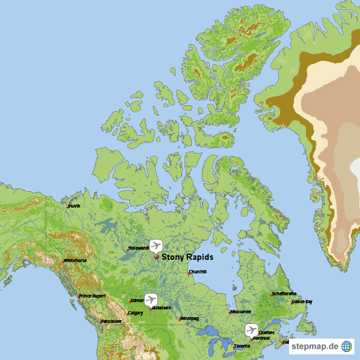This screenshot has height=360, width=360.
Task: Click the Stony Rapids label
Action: (x=187, y=257)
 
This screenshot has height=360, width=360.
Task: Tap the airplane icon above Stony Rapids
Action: (x=156, y=246)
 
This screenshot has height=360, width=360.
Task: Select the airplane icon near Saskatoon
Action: (x=150, y=299)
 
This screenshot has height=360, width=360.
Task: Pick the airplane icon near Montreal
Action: (x=251, y=330)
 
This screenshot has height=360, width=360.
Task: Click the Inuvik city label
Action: (x=74, y=206)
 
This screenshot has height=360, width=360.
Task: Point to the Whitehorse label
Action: (x=75, y=260)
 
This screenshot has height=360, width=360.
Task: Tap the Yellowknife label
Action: (x=138, y=248)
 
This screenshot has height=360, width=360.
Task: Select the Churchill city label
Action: (x=198, y=272)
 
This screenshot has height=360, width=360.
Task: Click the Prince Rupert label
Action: (x=92, y=296)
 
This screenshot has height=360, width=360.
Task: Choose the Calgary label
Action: (x=136, y=313)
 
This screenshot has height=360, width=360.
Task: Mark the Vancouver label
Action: (x=111, y=321)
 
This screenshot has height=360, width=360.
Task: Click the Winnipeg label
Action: (x=190, y=318)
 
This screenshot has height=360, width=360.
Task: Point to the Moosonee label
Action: (x=241, y=312)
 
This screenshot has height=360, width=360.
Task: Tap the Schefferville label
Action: (x=284, y=294)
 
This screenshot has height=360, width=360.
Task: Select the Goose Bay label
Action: (x=302, y=301)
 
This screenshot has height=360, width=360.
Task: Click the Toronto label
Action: (x=242, y=346)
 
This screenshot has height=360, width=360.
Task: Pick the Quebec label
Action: (x=267, y=332)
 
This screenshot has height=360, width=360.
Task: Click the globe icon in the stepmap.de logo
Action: (x=346, y=346)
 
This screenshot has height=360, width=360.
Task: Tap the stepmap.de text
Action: (x=317, y=346)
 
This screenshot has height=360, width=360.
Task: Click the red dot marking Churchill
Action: (x=188, y=274)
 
